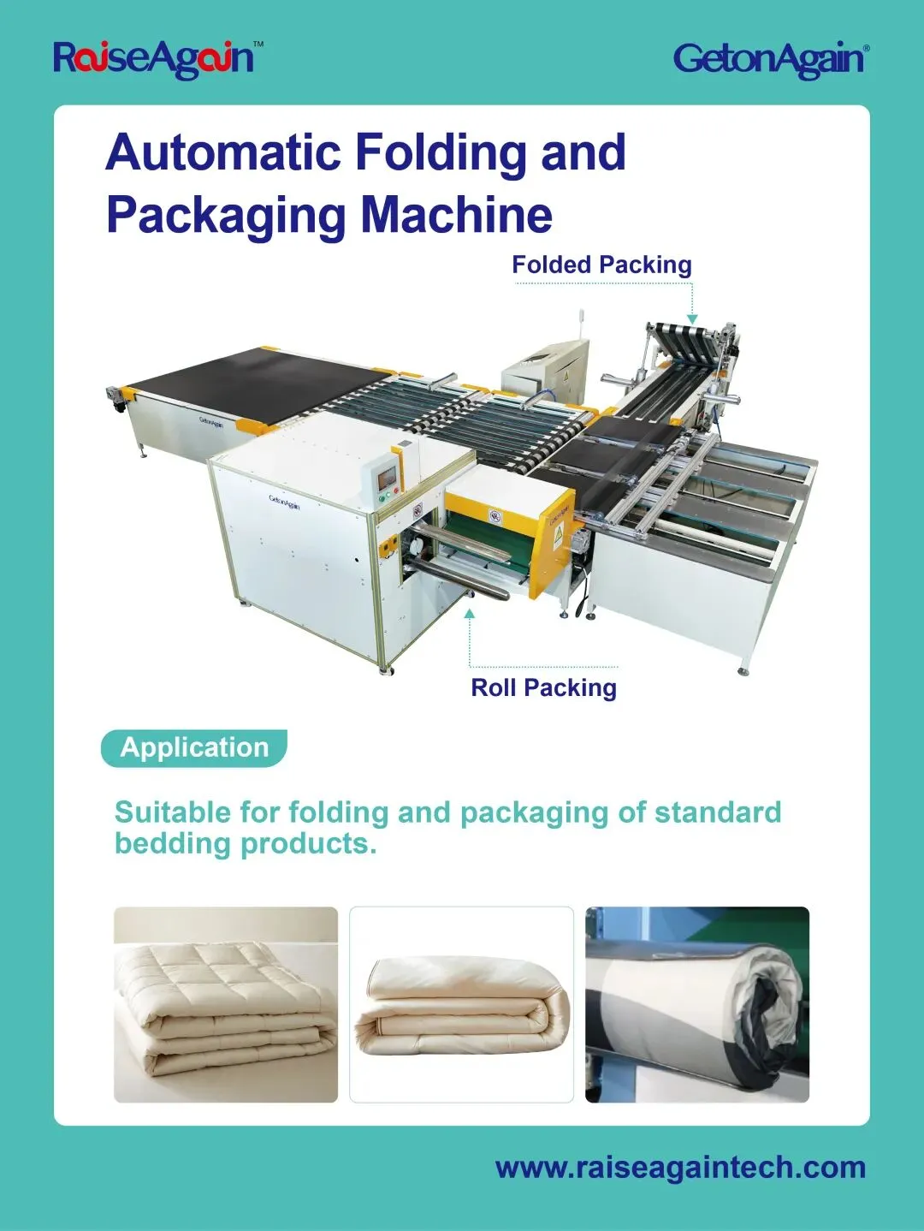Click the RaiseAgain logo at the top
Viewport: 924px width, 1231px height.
(x=154, y=58)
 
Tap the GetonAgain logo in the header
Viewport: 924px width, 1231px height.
(x=770, y=59)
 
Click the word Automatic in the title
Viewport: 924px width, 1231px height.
(x=222, y=152)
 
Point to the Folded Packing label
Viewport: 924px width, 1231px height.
(x=601, y=265)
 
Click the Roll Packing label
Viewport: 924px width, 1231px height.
(x=543, y=687)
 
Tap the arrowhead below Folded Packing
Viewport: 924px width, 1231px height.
(x=692, y=319)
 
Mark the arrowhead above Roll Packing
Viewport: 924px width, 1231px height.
(x=469, y=613)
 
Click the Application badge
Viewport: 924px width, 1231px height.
(x=194, y=747)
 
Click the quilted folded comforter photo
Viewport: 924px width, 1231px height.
(x=226, y=1004)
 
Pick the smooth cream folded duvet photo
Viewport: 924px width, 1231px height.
(x=461, y=1004)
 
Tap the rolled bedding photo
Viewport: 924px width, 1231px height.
(x=697, y=1004)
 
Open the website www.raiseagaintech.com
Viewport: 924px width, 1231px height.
(x=680, y=1168)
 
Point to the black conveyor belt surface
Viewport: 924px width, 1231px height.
(x=248, y=381)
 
